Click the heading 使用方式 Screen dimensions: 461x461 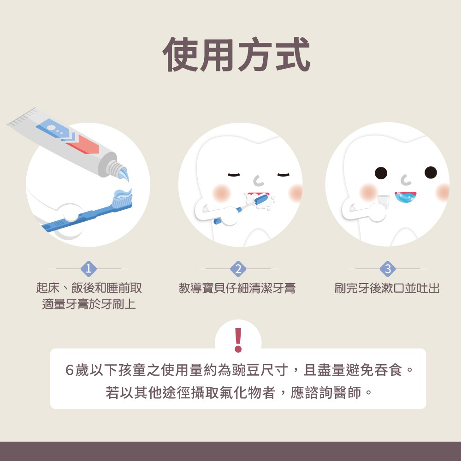(x=236, y=54)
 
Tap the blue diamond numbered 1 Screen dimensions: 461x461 (x=89, y=269)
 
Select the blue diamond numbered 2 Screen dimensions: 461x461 (x=238, y=269)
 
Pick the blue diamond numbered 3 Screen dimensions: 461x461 (x=388, y=269)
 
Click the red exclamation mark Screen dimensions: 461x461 (x=238, y=340)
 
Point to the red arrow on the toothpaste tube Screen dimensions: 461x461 (x=83, y=144)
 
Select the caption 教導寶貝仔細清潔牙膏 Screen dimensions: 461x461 (x=237, y=288)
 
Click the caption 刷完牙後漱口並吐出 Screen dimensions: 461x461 (x=387, y=288)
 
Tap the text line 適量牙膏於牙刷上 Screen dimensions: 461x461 (x=89, y=304)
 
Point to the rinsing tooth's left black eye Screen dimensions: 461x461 (x=381, y=173)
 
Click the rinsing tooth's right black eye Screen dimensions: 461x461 (x=431, y=172)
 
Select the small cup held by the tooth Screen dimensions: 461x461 (x=383, y=201)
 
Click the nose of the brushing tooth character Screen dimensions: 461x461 (x=258, y=181)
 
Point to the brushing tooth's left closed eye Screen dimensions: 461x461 (x=234, y=175)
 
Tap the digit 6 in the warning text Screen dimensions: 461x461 (x=70, y=370)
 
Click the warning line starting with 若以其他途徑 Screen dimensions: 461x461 (x=238, y=392)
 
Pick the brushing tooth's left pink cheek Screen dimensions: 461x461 (x=221, y=193)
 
